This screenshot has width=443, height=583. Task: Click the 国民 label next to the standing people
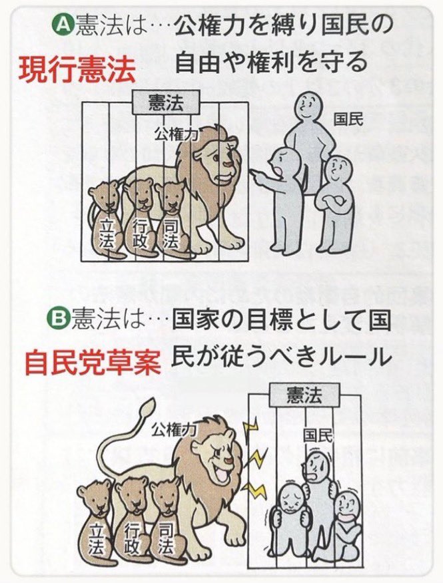point(349,120)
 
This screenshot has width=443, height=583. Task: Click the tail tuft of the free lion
point(146,405)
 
